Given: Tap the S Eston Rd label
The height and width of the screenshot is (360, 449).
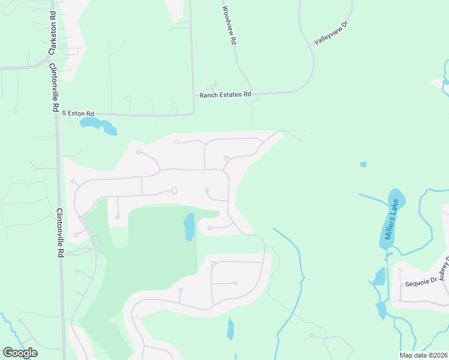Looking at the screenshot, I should point(78,113).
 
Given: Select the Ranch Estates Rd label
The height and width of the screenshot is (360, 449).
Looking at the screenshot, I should point(225,95).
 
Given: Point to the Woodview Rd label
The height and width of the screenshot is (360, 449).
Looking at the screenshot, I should point(229,27).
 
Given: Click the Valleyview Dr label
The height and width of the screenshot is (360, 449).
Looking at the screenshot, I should point(331,33).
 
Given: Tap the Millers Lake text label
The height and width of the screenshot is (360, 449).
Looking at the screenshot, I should point(391,223).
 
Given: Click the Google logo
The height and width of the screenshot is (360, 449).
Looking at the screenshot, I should point(20,352).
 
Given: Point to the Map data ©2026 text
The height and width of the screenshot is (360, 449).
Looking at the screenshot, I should point(423,355).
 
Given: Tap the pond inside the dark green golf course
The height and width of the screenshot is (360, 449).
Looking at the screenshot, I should point(189,227).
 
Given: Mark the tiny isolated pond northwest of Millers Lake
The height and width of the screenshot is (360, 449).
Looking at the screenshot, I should point(363,164).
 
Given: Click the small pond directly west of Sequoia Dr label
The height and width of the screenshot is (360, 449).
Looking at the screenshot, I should point(379,277).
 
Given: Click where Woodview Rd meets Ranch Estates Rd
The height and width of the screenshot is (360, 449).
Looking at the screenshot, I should point(252,94).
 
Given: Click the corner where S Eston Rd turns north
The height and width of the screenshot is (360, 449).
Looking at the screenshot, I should point(193,113).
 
